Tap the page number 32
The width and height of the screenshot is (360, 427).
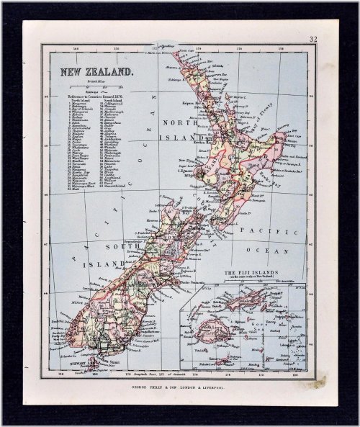(314, 40)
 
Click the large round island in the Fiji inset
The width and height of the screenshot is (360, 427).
(220, 331)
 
